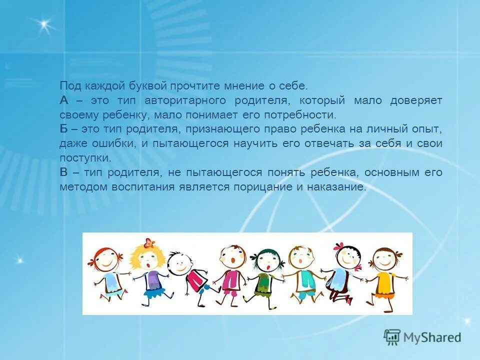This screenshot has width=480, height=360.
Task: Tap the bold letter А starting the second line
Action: [63, 100]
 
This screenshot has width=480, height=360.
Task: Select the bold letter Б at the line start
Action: [63, 129]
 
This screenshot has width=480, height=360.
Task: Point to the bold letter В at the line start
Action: [63, 172]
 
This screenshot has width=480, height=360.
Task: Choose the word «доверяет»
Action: [415, 100]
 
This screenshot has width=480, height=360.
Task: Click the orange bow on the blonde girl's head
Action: [147, 243]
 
